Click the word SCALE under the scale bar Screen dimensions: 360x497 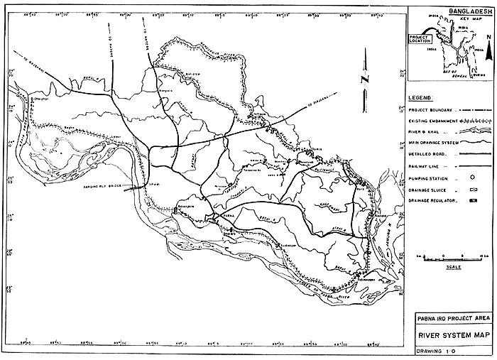[x=451, y=267]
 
